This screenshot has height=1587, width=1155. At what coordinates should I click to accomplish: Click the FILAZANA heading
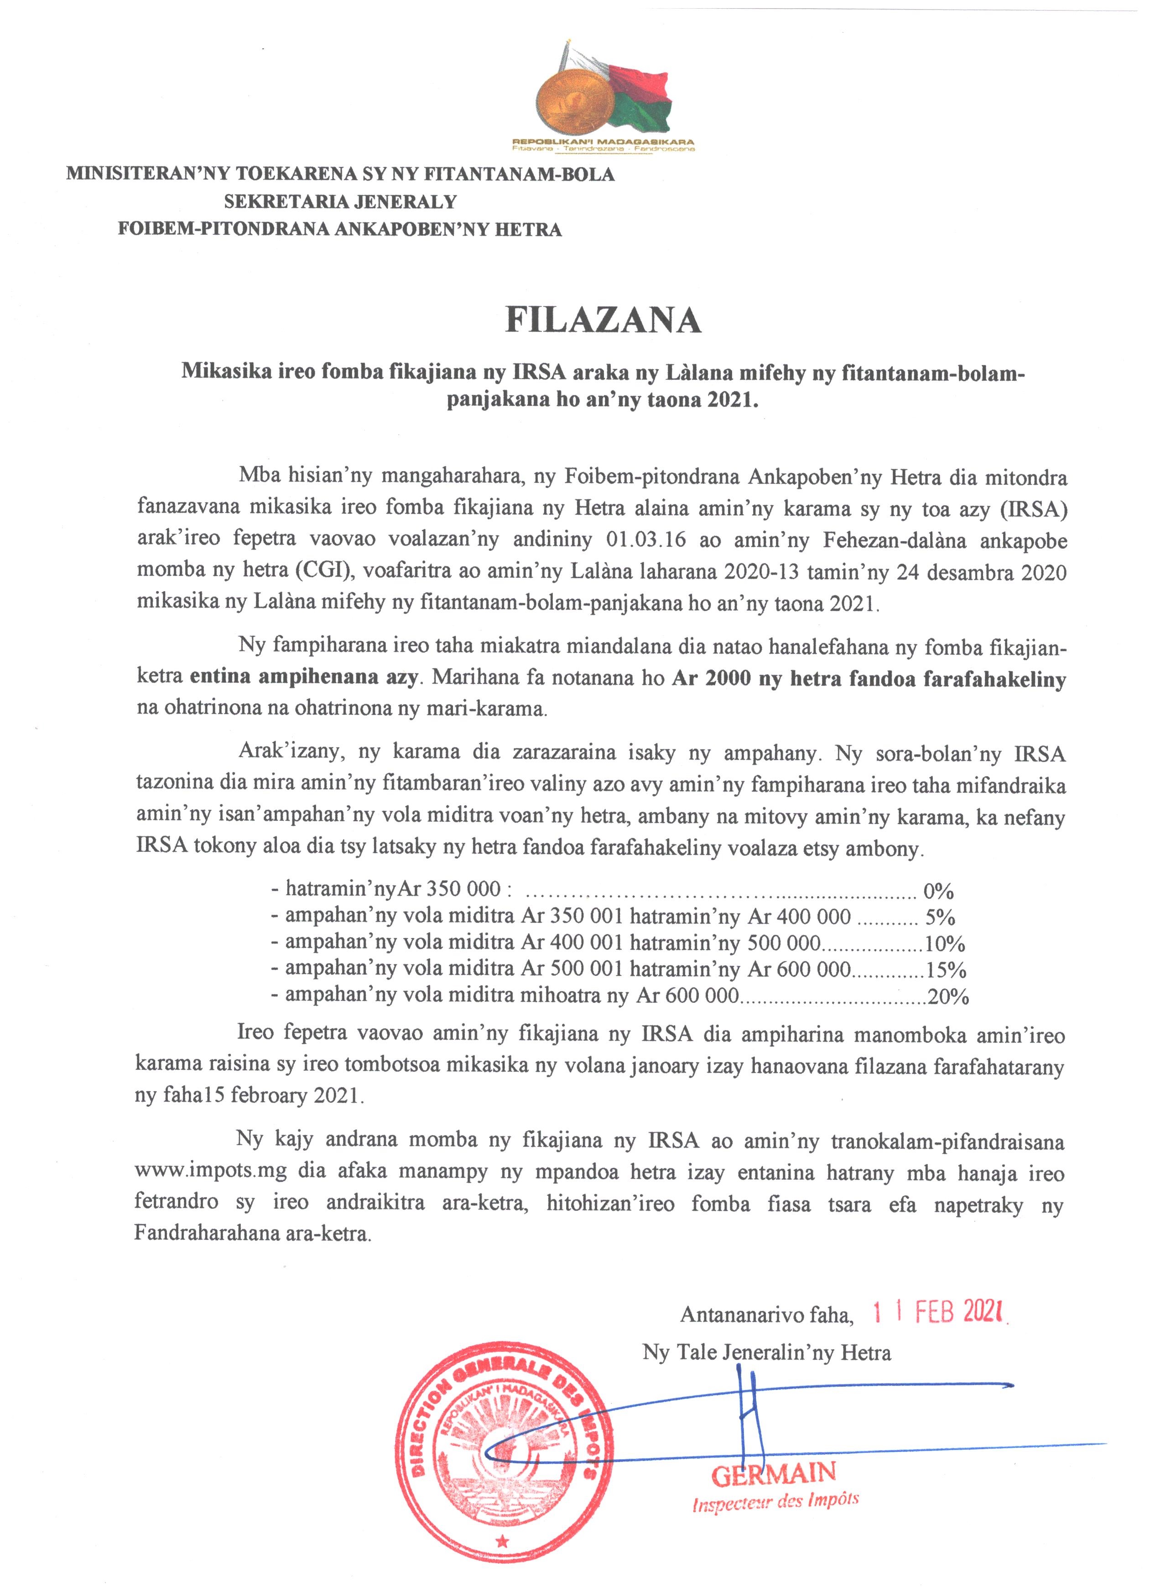tap(603, 321)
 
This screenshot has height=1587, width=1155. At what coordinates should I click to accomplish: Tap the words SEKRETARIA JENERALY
tap(340, 202)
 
